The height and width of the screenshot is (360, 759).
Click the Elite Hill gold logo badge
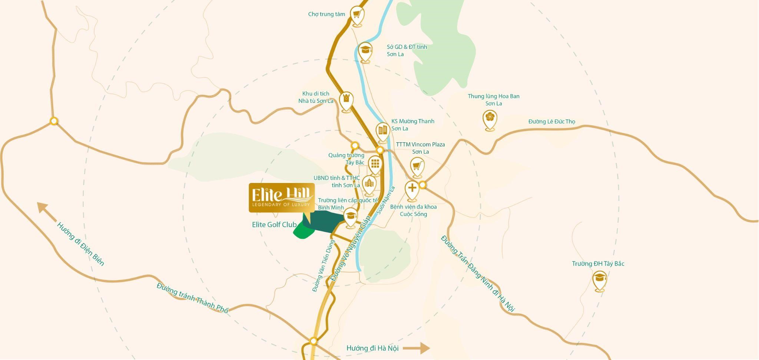click(x=281, y=198)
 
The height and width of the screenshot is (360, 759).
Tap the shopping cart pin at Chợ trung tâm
click(x=357, y=15)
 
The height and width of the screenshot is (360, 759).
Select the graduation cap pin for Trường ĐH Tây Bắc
click(x=599, y=280)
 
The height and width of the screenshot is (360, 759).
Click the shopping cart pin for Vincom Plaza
click(x=417, y=166)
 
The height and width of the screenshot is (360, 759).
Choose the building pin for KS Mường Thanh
click(x=382, y=131)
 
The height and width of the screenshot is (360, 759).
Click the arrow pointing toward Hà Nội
click(x=416, y=348)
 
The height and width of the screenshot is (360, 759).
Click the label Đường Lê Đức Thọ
click(x=551, y=121)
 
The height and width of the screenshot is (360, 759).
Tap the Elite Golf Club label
click(x=274, y=224)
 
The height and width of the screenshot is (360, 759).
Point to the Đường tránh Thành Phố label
click(x=192, y=298)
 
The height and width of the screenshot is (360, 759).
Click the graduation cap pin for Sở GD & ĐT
click(x=365, y=51)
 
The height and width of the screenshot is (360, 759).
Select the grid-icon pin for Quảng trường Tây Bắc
click(x=375, y=164)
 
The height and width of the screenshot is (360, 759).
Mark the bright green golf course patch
click(x=304, y=231)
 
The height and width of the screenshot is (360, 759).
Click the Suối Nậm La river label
click(x=386, y=200)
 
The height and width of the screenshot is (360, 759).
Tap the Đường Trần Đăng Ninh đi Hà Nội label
click(x=478, y=273)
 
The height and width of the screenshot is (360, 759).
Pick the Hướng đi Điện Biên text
click(x=80, y=244)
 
